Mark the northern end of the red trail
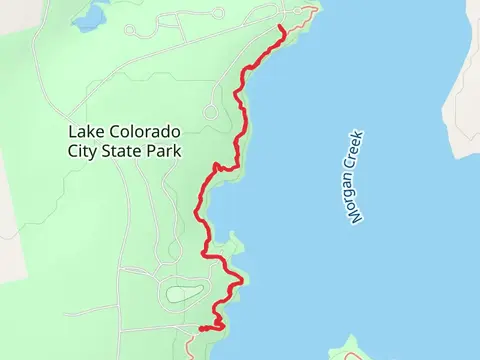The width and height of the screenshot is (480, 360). click(284, 30)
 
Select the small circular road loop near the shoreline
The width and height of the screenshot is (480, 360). click(211, 112)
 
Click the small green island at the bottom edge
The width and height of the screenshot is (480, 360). click(350, 351)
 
